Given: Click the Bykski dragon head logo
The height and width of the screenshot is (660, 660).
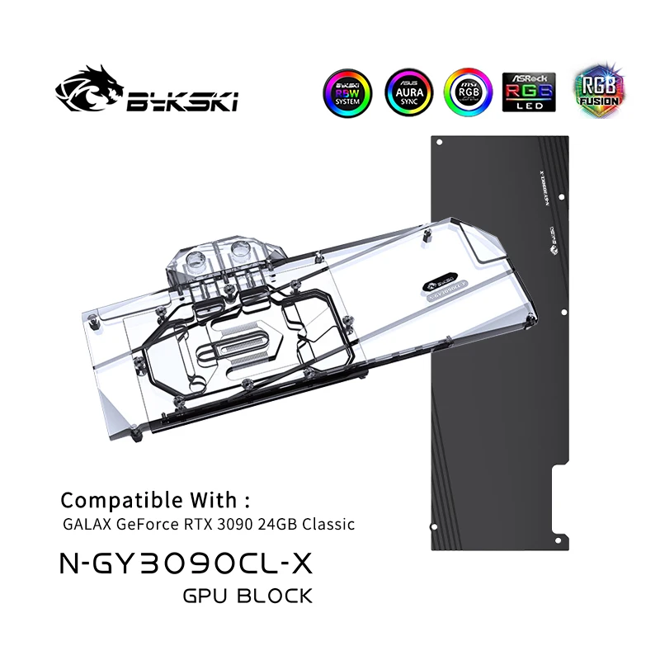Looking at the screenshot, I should [88, 90].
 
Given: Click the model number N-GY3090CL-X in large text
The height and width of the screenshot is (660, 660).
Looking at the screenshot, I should [187, 563].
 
